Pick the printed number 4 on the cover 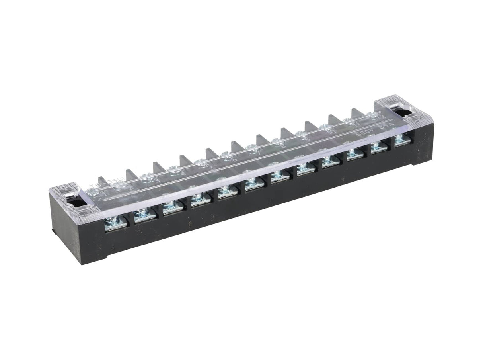tap(183, 173)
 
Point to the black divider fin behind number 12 tap(356, 113)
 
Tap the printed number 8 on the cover tap(283, 145)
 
